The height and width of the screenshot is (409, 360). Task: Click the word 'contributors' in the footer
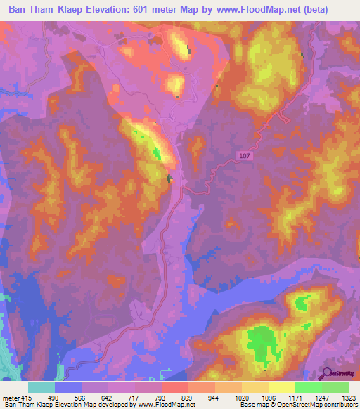point(340,405)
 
